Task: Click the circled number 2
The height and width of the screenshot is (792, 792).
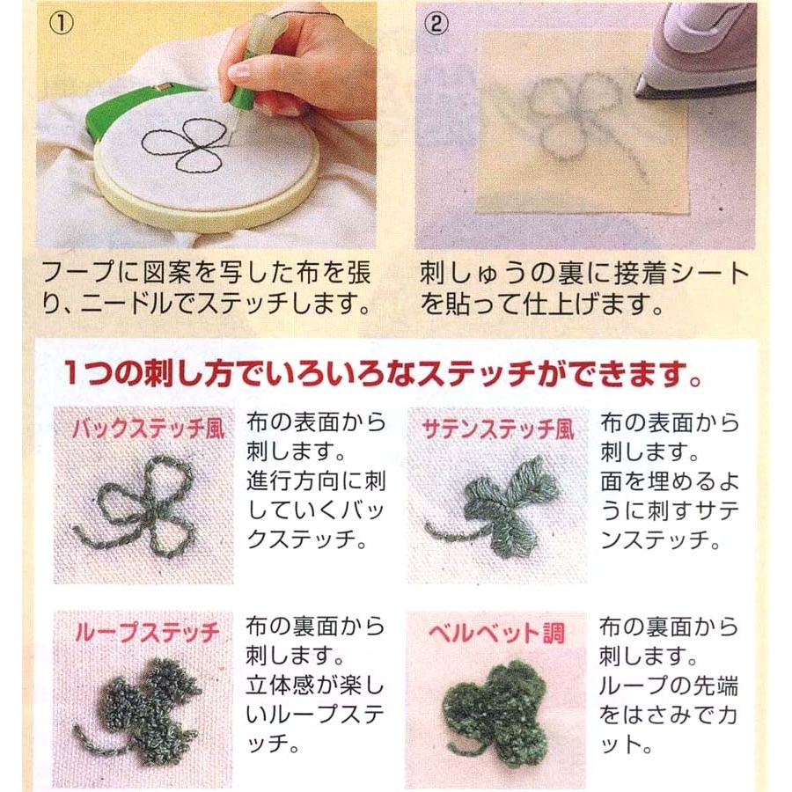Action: tap(436, 23)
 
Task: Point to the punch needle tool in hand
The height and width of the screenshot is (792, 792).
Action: tap(253, 66)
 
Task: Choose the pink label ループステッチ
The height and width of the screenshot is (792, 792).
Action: tap(147, 633)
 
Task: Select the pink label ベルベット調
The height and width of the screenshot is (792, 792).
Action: tap(496, 633)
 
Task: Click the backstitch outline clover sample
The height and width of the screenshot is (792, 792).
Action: tap(136, 505)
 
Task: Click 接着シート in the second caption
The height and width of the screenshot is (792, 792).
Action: tap(681, 274)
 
